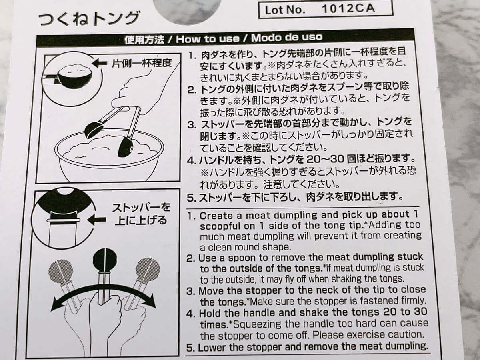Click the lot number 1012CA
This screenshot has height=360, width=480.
pyautogui.click(x=348, y=9)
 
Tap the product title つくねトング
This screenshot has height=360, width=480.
pyautogui.click(x=89, y=18)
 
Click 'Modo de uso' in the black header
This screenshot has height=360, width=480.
pyautogui.click(x=287, y=37)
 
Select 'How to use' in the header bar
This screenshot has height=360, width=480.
pyautogui.click(x=207, y=39)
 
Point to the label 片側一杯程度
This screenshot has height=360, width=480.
pyautogui.click(x=142, y=63)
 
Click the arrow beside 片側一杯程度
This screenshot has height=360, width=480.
pyautogui.click(x=99, y=63)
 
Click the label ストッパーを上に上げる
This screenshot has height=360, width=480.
pyautogui.click(x=141, y=214)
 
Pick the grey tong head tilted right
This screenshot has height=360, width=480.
pyautogui.click(x=148, y=269)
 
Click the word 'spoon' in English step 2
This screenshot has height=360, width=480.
pyautogui.click(x=242, y=258)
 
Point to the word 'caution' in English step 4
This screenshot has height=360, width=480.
pyautogui.click(x=403, y=334)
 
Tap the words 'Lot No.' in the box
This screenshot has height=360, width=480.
pyautogui.click(x=285, y=10)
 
